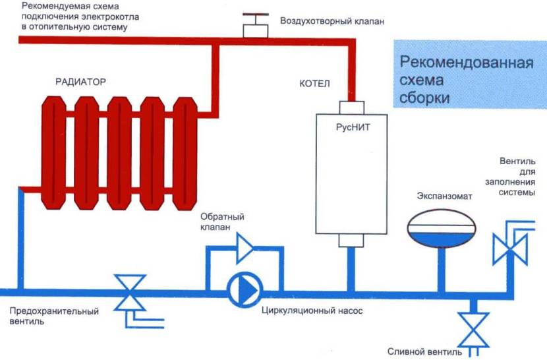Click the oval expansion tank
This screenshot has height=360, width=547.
click(440, 227)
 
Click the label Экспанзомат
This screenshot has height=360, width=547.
click(442, 196)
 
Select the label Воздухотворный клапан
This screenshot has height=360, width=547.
click(331, 21)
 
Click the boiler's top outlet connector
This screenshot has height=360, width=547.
click(349, 107)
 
